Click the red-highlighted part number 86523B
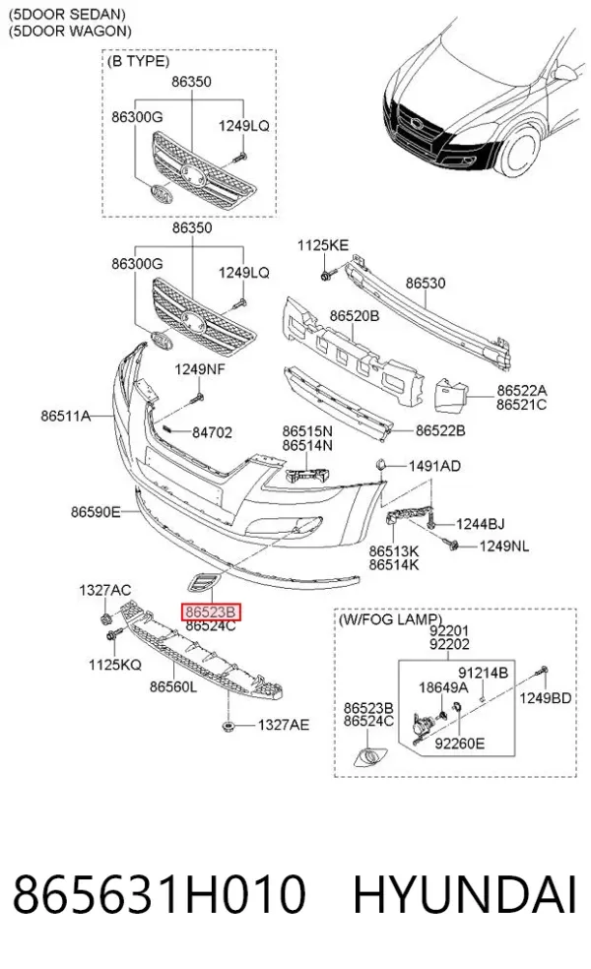pos(210,612)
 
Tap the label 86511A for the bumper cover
pos(66,416)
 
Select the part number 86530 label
pos(426,283)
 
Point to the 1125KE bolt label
pos(323,245)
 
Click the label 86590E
pos(96,512)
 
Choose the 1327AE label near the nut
pos(283,724)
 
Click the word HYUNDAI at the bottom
pos(465,893)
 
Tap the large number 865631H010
pos(159,893)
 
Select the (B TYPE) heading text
pos(139,61)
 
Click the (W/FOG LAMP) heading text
pos(390,619)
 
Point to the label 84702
pos(212,432)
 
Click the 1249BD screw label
pos(545,698)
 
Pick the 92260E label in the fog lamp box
pos(459,743)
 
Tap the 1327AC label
pos(104,591)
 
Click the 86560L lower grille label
pos(173,686)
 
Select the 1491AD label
pos(434,466)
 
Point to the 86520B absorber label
pos(355,316)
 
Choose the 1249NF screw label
pos(200,369)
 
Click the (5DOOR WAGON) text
pos(70,31)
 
